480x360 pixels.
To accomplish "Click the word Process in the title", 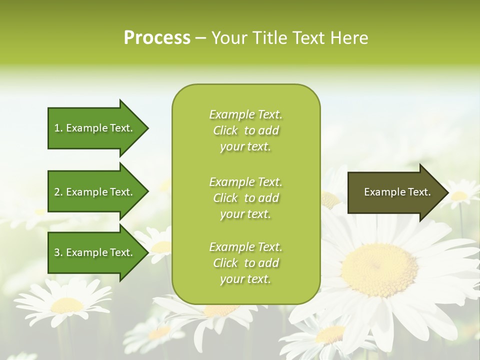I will (157, 38).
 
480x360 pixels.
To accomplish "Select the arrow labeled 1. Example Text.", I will (95, 128).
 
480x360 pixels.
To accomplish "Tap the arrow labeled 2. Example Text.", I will (95, 192).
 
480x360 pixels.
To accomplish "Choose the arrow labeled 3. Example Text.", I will (95, 252).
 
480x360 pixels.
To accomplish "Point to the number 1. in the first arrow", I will (58, 128).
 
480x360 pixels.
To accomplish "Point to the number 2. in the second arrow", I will (58, 192).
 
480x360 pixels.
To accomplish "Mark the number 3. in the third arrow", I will (58, 252).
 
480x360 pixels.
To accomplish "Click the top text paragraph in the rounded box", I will (245, 130).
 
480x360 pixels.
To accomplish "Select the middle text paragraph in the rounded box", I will (245, 198).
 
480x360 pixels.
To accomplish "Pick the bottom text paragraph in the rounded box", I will (245, 263).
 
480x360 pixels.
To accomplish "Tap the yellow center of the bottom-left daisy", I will (67, 305).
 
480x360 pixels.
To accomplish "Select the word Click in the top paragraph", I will (225, 131).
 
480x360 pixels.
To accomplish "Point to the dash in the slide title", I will (200, 38).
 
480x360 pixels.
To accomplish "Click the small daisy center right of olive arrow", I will (459, 195).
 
